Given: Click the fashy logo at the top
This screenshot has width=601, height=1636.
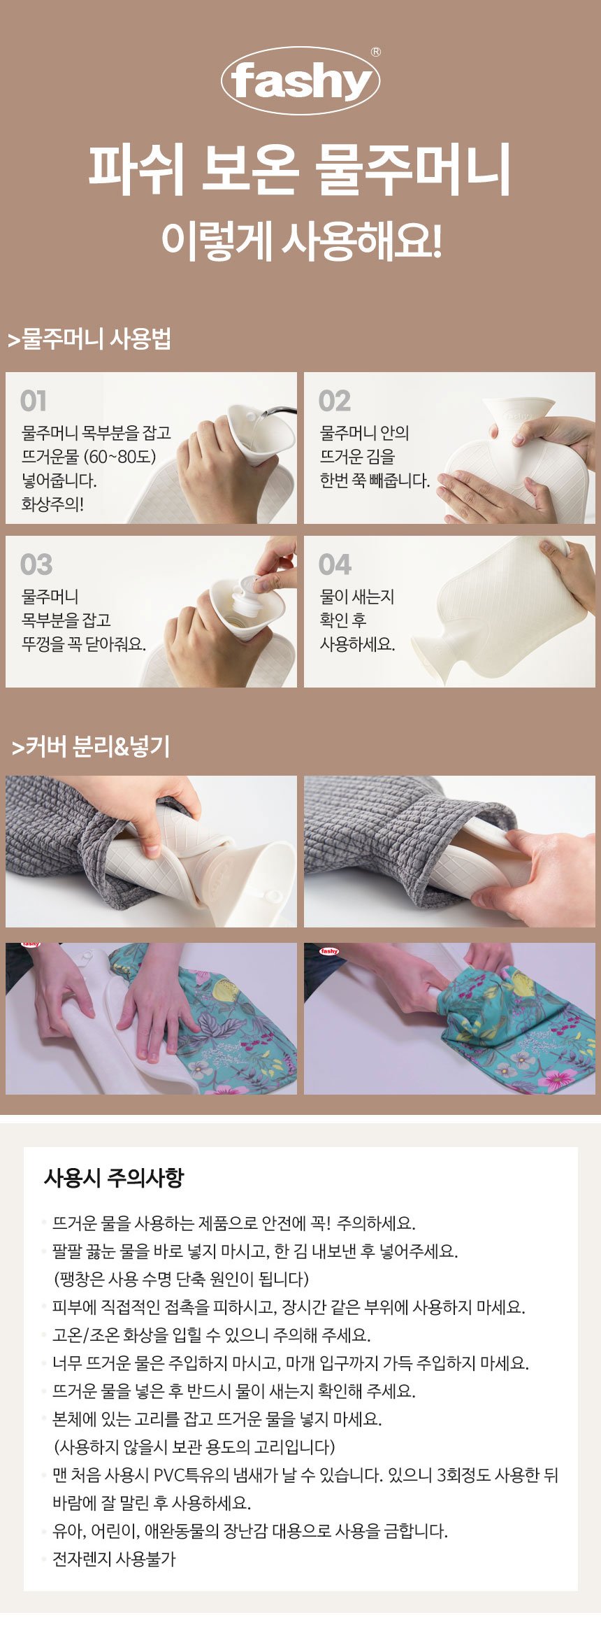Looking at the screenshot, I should point(300,80).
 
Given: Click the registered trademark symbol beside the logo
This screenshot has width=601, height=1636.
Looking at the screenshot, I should point(376,52).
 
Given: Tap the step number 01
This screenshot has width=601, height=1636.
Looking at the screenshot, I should point(34,401).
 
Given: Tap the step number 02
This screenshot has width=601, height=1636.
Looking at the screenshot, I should point(334,401).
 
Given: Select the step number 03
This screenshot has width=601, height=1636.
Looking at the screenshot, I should point(36,564).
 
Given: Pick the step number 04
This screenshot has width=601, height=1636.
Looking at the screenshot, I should point(335,564).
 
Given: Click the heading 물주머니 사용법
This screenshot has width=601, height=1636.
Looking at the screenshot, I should point(89,339).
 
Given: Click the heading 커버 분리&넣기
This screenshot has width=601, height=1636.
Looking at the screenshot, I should point(91,746).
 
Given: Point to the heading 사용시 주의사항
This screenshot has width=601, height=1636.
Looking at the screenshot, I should point(113,1177).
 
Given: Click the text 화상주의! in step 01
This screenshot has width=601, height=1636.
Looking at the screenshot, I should point(52,504).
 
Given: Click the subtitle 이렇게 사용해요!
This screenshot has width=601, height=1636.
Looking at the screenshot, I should point(300,241).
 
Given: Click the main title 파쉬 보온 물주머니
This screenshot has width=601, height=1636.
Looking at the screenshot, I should point(300,170).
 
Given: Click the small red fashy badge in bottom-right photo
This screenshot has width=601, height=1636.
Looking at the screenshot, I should point(328,951).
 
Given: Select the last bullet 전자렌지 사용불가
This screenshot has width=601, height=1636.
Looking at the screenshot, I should point(114,1559).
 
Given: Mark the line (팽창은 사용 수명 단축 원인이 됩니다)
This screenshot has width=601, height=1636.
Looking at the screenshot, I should point(181,1279).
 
